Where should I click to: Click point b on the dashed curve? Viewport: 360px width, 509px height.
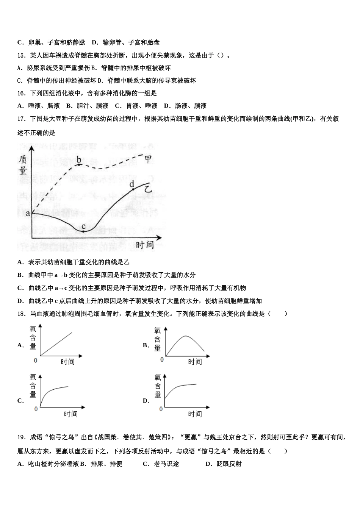(79, 164)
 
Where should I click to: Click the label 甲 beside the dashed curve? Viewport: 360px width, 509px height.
(149, 159)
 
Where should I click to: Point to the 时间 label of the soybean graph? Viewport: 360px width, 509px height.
(145, 245)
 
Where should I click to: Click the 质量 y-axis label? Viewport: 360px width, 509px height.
(23, 165)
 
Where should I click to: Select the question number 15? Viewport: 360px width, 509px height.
(21, 56)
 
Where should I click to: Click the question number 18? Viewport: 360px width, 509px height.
(21, 314)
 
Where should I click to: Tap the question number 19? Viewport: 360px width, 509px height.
(21, 437)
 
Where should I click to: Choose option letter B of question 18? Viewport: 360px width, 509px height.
(145, 345)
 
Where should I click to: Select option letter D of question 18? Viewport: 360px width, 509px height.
(146, 401)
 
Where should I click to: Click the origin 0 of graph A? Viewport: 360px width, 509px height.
(36, 360)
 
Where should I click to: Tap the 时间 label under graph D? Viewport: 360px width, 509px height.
(195, 414)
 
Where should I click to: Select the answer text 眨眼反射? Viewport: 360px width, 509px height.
(229, 464)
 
